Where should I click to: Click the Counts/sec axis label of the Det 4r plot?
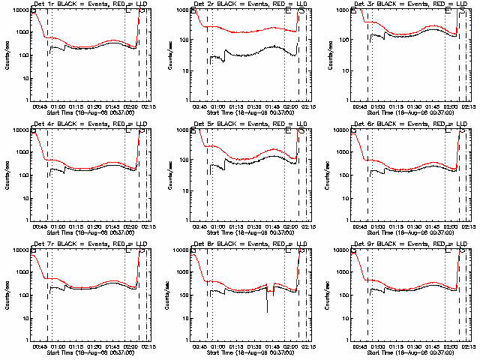click(x=6, y=175)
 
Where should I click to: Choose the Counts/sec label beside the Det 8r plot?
click(x=166, y=295)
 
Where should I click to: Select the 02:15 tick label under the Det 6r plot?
click(x=467, y=229)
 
